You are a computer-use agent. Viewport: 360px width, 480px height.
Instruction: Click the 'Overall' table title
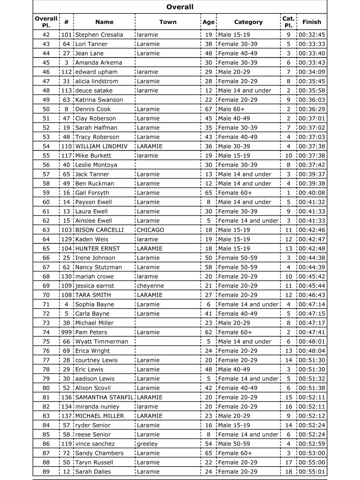[180, 7]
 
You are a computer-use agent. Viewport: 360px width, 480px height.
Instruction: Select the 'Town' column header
[168, 22]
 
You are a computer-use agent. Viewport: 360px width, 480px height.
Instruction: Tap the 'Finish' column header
[311, 22]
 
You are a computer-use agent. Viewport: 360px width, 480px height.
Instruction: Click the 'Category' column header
[248, 22]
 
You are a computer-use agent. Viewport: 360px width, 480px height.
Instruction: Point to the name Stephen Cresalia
[99, 35]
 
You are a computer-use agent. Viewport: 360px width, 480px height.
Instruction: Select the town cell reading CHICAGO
[150, 230]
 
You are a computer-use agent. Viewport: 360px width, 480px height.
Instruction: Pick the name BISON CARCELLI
[99, 230]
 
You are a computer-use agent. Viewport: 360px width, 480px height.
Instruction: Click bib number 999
[66, 332]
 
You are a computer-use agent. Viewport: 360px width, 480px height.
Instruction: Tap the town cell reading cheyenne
[150, 286]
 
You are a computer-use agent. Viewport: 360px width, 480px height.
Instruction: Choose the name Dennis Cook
[93, 109]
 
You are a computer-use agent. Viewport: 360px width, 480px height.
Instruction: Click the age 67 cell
[209, 109]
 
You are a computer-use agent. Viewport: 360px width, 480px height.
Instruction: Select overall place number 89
[46, 472]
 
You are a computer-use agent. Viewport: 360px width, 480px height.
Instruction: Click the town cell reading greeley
[147, 444]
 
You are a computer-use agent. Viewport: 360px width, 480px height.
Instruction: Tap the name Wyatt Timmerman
[101, 341]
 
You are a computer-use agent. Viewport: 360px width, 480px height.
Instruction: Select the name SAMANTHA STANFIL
[104, 397]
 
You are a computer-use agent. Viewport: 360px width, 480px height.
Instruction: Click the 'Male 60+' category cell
[231, 109]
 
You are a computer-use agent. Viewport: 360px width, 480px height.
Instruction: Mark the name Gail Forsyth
[92, 193]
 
